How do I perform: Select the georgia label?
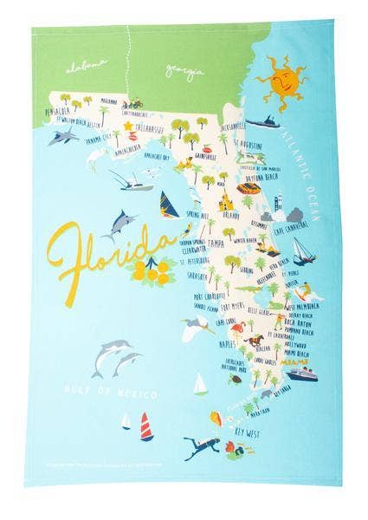point(185,69)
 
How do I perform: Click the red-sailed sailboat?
point(145,425)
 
